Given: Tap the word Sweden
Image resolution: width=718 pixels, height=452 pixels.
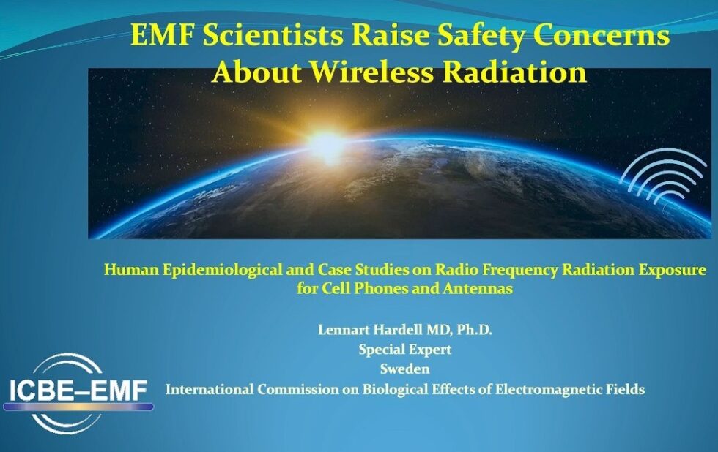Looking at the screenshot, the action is [404, 369].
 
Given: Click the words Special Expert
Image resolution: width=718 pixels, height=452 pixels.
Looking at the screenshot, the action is [404, 350].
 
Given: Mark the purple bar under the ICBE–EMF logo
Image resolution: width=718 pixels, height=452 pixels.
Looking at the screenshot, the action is [78, 407].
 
